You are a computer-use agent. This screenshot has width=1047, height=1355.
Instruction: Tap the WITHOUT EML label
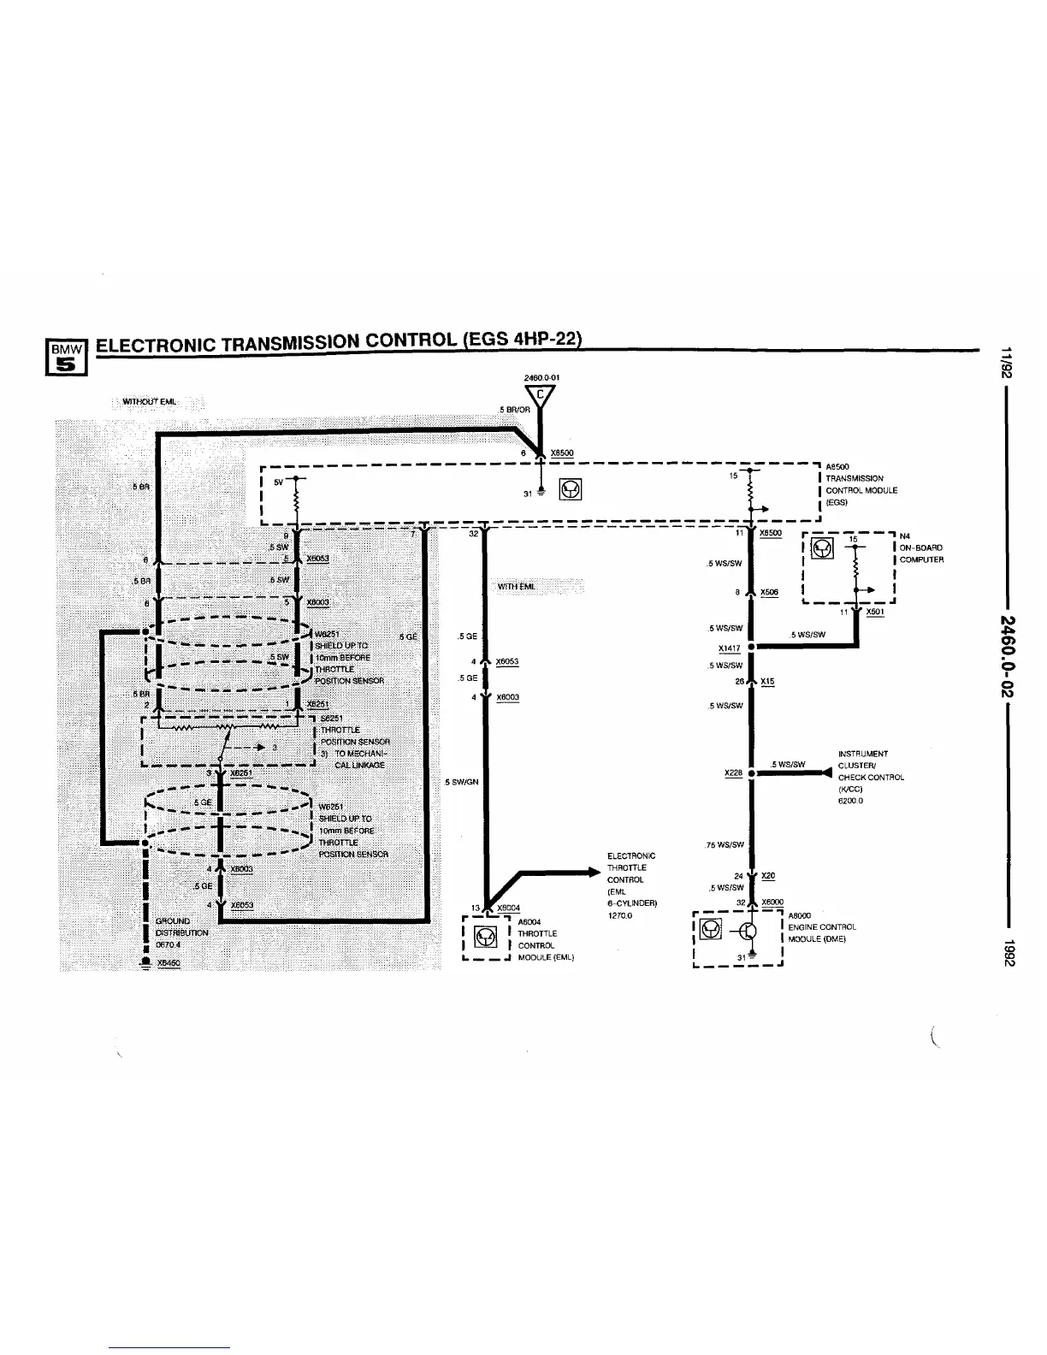150,402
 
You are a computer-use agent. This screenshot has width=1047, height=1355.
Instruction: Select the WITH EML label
517,586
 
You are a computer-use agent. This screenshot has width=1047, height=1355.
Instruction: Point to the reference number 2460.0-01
541,376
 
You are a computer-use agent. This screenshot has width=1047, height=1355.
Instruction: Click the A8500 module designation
837,467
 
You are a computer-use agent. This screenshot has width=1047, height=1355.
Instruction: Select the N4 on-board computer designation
906,537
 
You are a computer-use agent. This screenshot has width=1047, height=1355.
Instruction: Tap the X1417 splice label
729,648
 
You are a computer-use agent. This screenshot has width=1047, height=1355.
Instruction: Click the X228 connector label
732,772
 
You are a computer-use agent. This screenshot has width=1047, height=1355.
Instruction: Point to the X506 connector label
769,592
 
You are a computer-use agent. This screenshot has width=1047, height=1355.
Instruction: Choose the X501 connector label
874,612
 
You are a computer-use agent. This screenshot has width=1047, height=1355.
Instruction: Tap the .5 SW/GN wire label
462,781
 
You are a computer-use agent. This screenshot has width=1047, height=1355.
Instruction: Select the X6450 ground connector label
169,962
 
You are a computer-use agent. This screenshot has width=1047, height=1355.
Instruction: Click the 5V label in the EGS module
277,482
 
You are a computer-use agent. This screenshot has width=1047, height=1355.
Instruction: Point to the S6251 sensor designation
333,718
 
